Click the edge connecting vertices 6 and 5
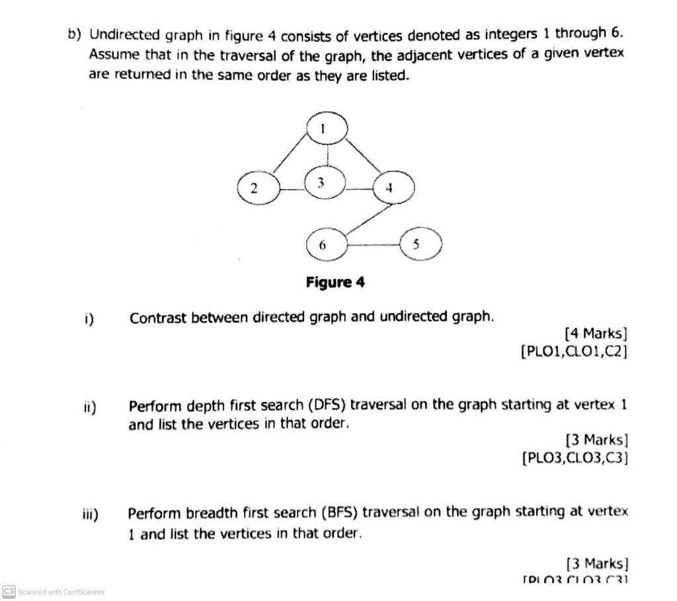[x=374, y=245]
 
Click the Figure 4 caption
[x=335, y=283]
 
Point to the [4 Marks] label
[x=596, y=334]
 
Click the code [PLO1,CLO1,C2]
[x=574, y=351]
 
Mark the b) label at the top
[x=75, y=34]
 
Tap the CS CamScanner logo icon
[x=9, y=591]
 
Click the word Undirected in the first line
[x=123, y=34]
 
